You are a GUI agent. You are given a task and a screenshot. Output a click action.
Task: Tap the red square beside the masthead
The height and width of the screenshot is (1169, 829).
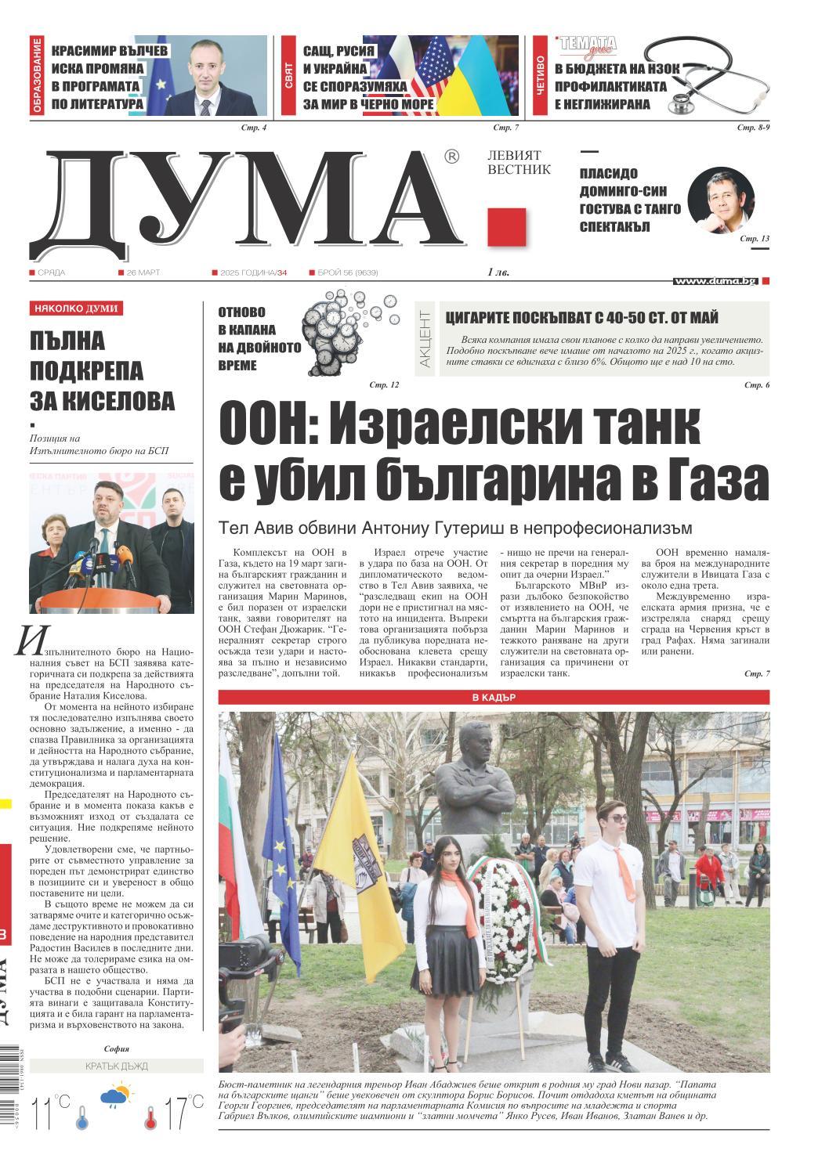(506, 227)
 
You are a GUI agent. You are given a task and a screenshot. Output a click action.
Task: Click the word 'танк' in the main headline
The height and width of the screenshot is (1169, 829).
(636, 425)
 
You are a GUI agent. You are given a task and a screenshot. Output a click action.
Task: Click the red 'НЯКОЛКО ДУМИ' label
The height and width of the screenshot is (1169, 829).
(76, 308)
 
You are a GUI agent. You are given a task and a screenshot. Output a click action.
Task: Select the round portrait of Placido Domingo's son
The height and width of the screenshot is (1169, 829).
(720, 200)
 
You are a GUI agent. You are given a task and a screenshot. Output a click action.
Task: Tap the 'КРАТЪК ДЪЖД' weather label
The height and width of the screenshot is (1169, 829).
(116, 1066)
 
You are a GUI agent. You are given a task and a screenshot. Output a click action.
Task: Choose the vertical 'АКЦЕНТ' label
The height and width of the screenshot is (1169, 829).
(424, 339)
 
